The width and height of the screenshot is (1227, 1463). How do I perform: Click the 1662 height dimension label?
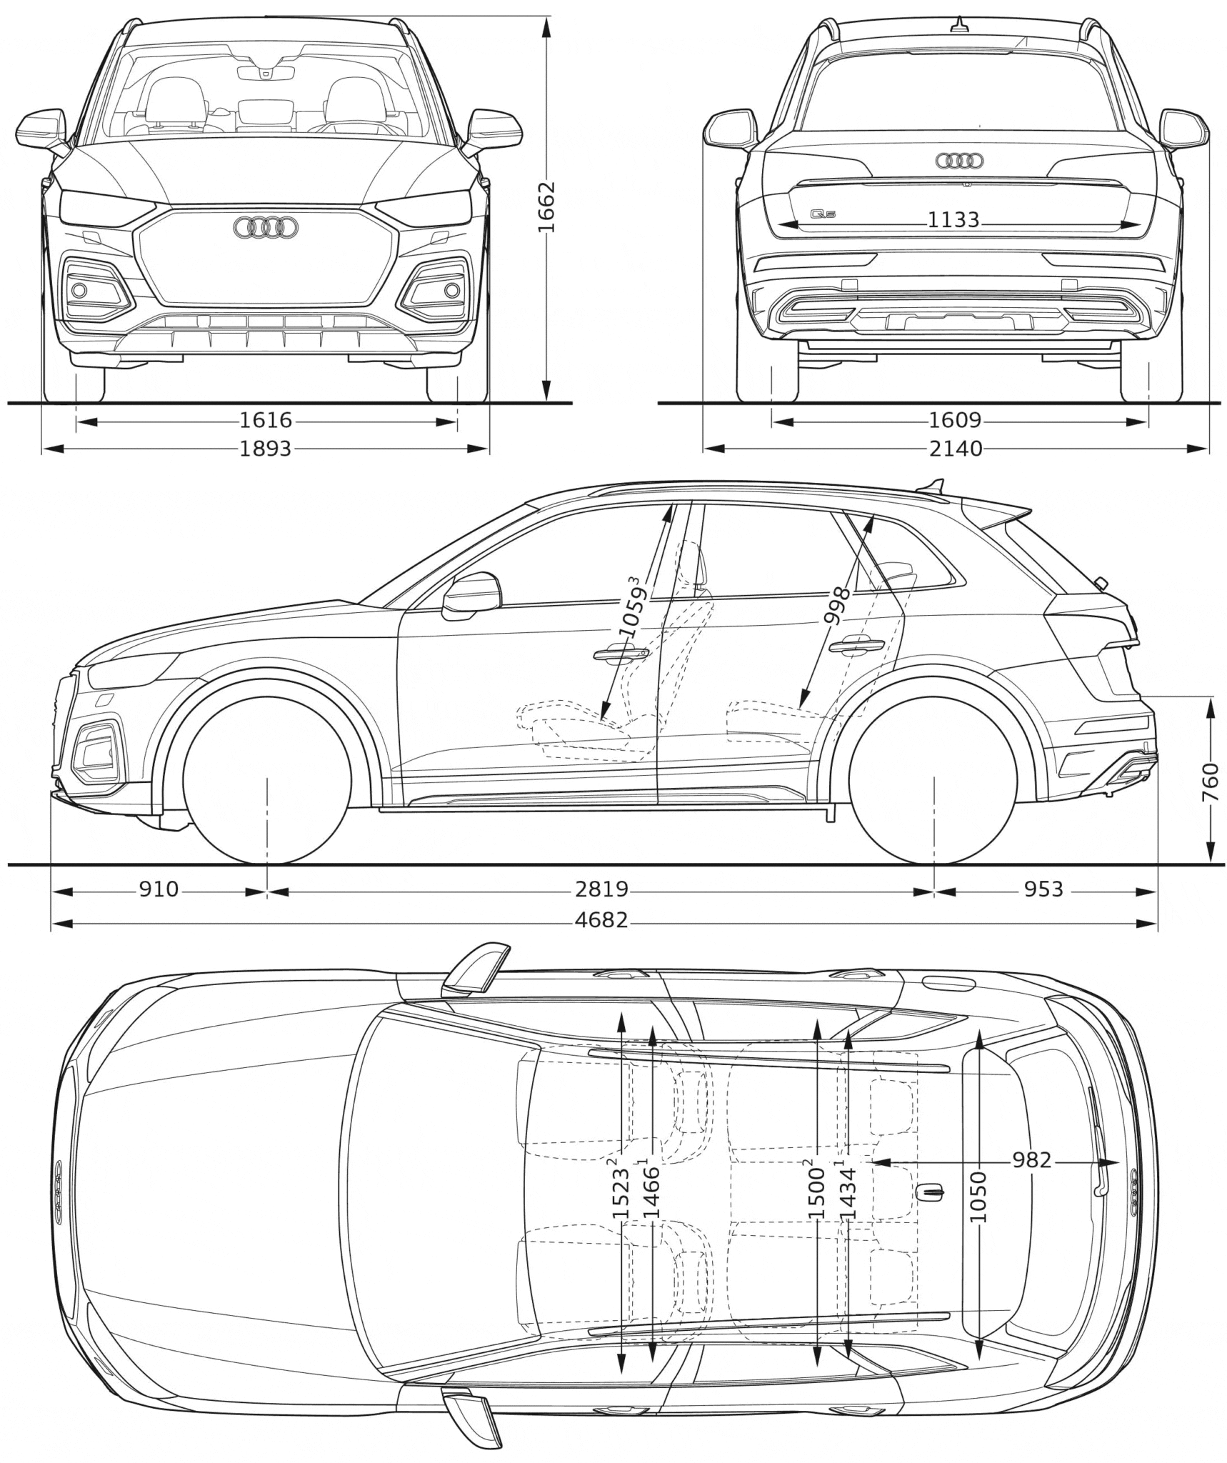pos(546,207)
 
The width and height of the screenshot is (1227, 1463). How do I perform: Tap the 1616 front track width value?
pos(266,421)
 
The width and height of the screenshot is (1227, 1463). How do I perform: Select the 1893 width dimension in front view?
pos(266,449)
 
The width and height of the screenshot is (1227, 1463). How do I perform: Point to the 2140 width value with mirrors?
pos(956,449)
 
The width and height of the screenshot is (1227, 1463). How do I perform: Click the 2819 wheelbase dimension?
pos(601,889)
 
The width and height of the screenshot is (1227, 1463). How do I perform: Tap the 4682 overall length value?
pos(601,920)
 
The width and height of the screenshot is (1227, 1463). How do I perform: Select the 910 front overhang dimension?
pos(159,889)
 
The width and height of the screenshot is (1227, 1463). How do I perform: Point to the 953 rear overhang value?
pos(1043,889)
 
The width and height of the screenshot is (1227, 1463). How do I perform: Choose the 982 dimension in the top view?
pos(1031,1160)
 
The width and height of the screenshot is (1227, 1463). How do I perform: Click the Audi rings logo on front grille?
pos(266,227)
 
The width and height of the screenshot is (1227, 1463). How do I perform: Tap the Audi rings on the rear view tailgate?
pos(959,161)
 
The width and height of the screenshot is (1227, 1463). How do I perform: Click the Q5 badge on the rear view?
pos(823,214)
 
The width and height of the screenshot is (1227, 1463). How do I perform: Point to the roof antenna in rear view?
pos(959,25)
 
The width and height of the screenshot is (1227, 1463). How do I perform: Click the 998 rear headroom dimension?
pos(837,606)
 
